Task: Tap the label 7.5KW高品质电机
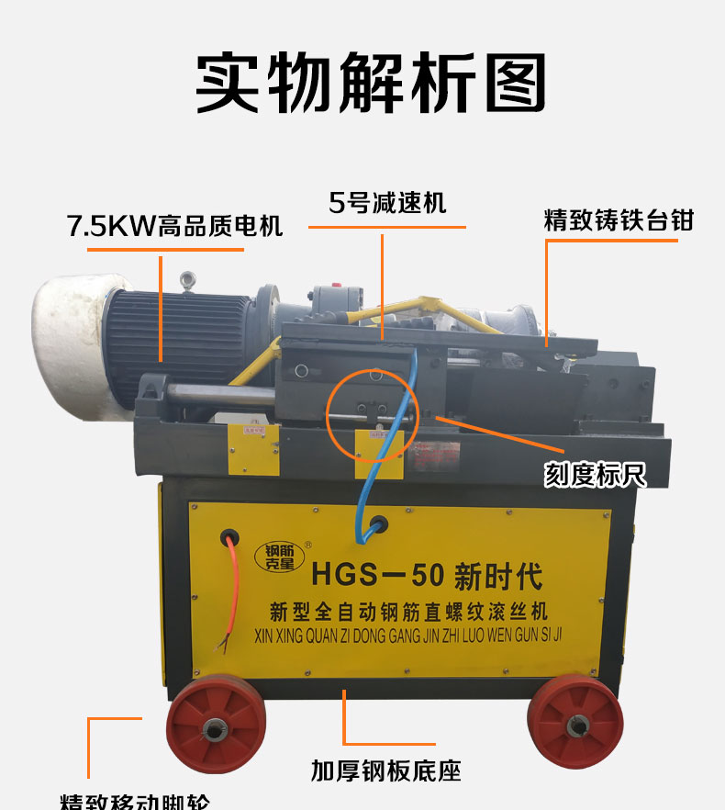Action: pos(174,226)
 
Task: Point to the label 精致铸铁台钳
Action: pos(618,221)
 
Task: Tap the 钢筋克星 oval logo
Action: pos(274,557)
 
